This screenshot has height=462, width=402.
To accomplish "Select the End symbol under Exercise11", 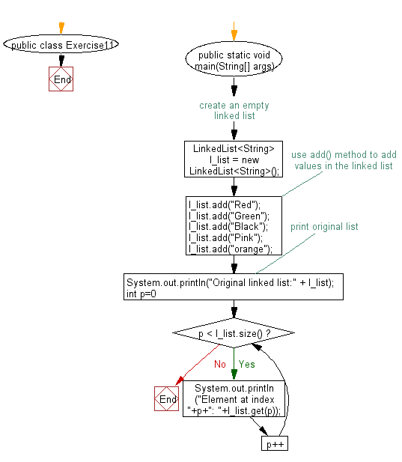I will [x=61, y=79].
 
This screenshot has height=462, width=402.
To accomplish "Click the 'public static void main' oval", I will [x=234, y=61].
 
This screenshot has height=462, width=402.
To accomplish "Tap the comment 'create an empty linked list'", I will [x=234, y=110].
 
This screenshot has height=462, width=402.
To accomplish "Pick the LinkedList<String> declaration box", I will [x=234, y=159].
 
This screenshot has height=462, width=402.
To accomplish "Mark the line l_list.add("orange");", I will [x=231, y=249].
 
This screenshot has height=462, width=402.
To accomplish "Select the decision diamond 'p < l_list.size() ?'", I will [x=234, y=332].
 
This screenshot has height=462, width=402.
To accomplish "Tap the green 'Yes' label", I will [x=246, y=365].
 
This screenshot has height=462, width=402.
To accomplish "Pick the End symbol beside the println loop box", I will [x=165, y=398].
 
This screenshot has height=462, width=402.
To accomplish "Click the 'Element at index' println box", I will [x=234, y=398].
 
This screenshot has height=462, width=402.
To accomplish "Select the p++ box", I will [x=274, y=444].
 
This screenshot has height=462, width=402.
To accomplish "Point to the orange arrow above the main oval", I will [x=234, y=31].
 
